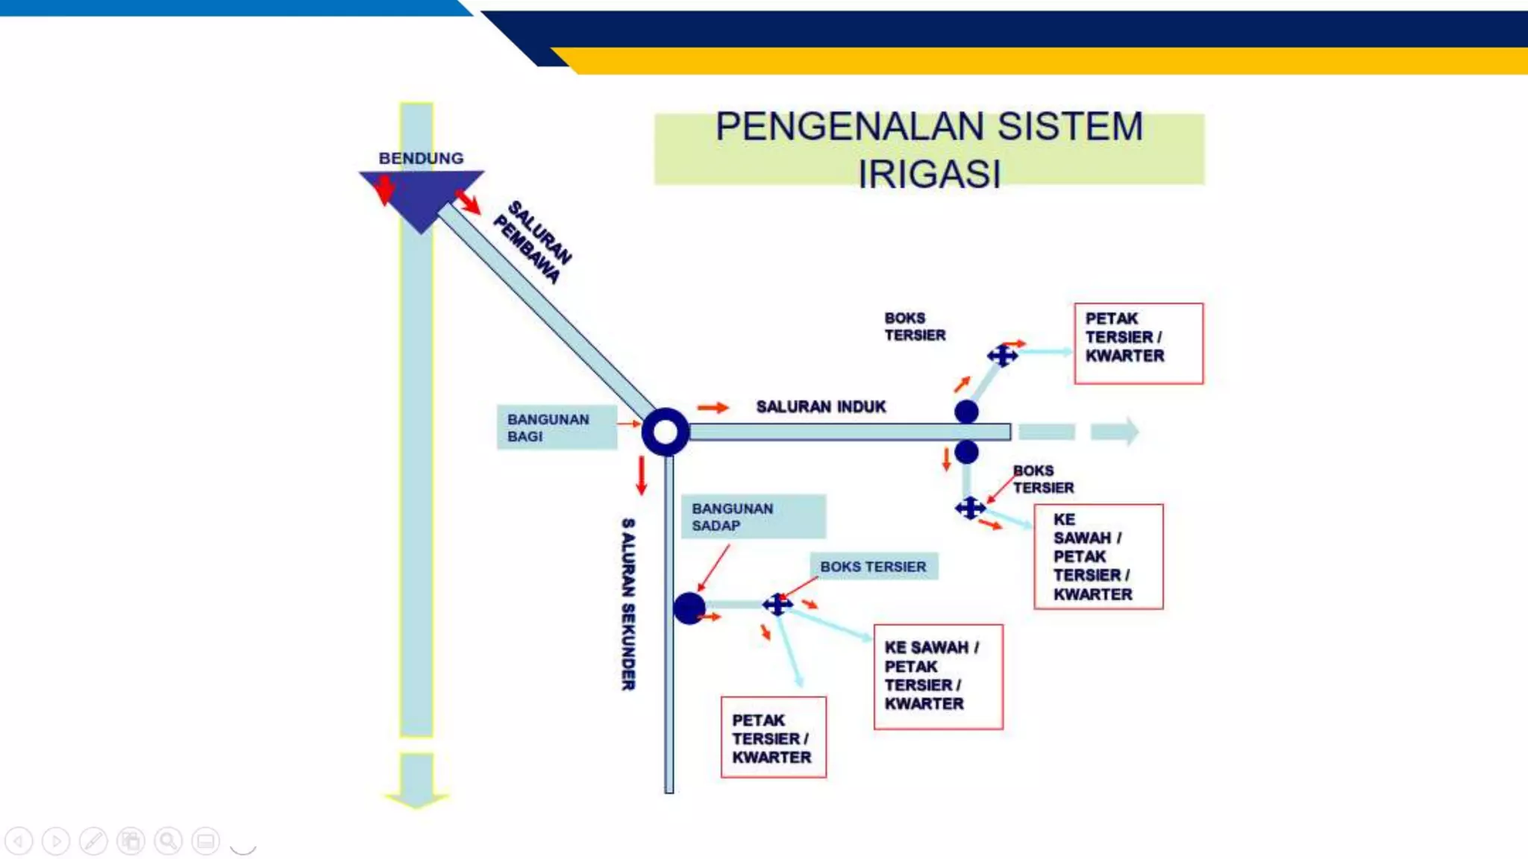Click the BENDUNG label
coord(421,158)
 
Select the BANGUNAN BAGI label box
coord(557,427)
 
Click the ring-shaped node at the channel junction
coord(665,432)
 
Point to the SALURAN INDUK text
coord(821,406)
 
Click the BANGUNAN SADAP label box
coord(753,516)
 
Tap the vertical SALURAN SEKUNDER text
coord(628,604)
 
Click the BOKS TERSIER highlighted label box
coord(874,567)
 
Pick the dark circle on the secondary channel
coord(689,608)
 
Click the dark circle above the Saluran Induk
coord(966,412)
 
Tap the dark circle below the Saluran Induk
coord(966,451)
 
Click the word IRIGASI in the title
coord(929,174)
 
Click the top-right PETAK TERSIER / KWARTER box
coord(1139,343)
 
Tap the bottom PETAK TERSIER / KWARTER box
coord(773,737)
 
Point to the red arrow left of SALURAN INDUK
coord(713,407)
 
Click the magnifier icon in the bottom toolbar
coord(168,841)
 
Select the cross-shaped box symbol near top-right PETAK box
coord(1003,356)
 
